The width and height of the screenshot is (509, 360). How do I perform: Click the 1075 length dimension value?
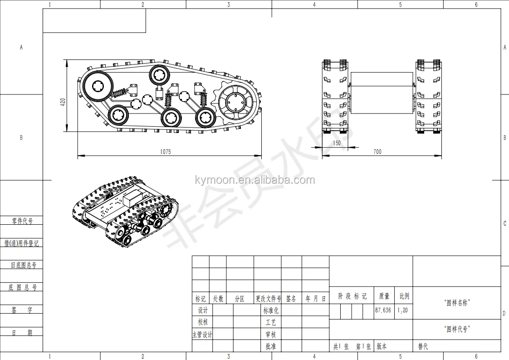(x=165, y=152)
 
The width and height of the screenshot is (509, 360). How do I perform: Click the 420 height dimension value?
(x=63, y=102)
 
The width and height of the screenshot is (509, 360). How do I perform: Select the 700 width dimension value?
(x=377, y=152)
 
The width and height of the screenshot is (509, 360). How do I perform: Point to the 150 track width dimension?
(x=337, y=143)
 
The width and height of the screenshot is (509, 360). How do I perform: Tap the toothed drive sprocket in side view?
(x=233, y=102)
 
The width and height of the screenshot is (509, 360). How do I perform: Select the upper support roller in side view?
(x=159, y=75)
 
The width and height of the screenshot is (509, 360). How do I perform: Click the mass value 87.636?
(x=383, y=310)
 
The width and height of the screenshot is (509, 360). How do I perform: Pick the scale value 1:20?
(x=402, y=311)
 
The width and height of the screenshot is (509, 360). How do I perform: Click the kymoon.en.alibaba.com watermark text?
(x=255, y=180)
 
